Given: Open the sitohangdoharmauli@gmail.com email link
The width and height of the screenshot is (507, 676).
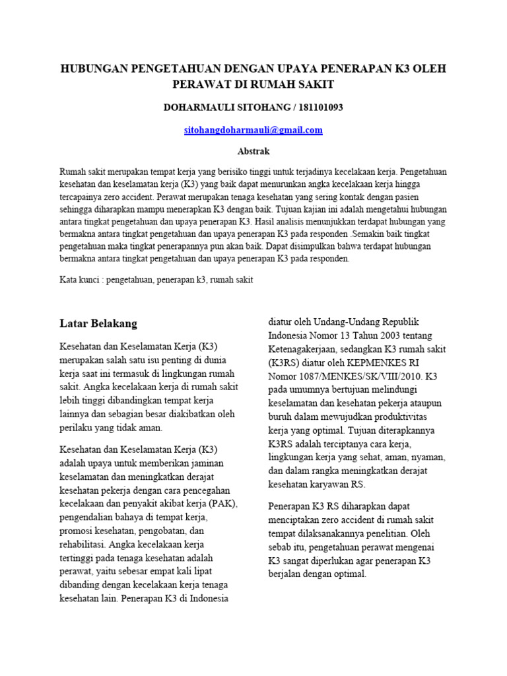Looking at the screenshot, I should tap(253, 130).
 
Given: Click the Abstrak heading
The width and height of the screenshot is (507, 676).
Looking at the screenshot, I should tap(253, 151).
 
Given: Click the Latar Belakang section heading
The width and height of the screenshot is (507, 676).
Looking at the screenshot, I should tap(98, 323).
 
